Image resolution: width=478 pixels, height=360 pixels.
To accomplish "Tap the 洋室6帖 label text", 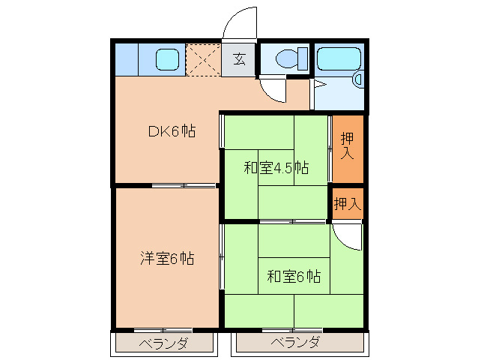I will [x=167, y=259].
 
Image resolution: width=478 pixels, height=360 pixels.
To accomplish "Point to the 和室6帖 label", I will [x=294, y=277].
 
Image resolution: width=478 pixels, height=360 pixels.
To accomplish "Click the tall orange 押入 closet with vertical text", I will [x=347, y=148].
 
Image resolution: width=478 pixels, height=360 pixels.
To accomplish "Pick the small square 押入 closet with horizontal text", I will [x=347, y=203].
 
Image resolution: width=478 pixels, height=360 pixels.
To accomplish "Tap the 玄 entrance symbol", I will [x=238, y=59].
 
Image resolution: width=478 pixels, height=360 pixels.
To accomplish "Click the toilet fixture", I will [x=291, y=58].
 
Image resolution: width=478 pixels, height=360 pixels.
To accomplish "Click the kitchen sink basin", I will [x=168, y=58].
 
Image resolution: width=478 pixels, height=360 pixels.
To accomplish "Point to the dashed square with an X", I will [x=202, y=60].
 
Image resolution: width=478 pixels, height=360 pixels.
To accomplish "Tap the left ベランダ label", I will [x=163, y=343].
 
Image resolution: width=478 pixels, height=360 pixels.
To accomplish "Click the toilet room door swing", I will [x=273, y=90].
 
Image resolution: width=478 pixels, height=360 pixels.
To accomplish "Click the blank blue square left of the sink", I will [x=127, y=59].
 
